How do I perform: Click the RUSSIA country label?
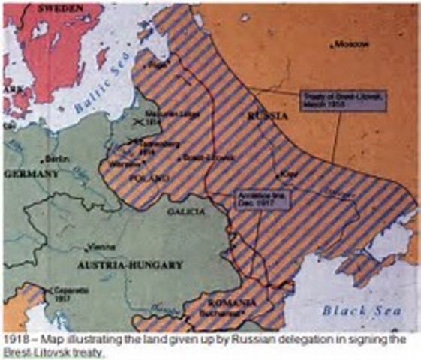267,116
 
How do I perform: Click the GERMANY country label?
31,173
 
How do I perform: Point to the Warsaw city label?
126,163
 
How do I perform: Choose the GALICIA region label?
188,212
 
